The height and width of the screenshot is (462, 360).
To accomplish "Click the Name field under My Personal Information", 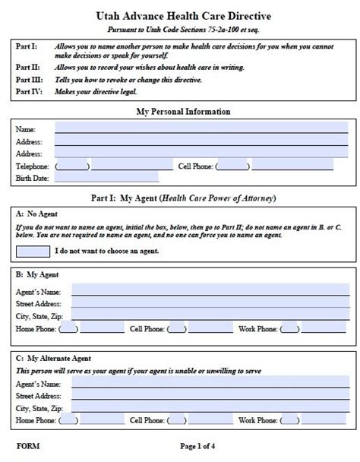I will point(201,128).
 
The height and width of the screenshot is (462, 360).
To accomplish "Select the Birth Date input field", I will point(106,178).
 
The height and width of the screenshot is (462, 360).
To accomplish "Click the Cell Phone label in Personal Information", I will point(195,166).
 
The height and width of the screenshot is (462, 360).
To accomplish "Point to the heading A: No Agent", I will point(36,214).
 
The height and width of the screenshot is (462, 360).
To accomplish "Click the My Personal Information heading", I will point(183,112).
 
